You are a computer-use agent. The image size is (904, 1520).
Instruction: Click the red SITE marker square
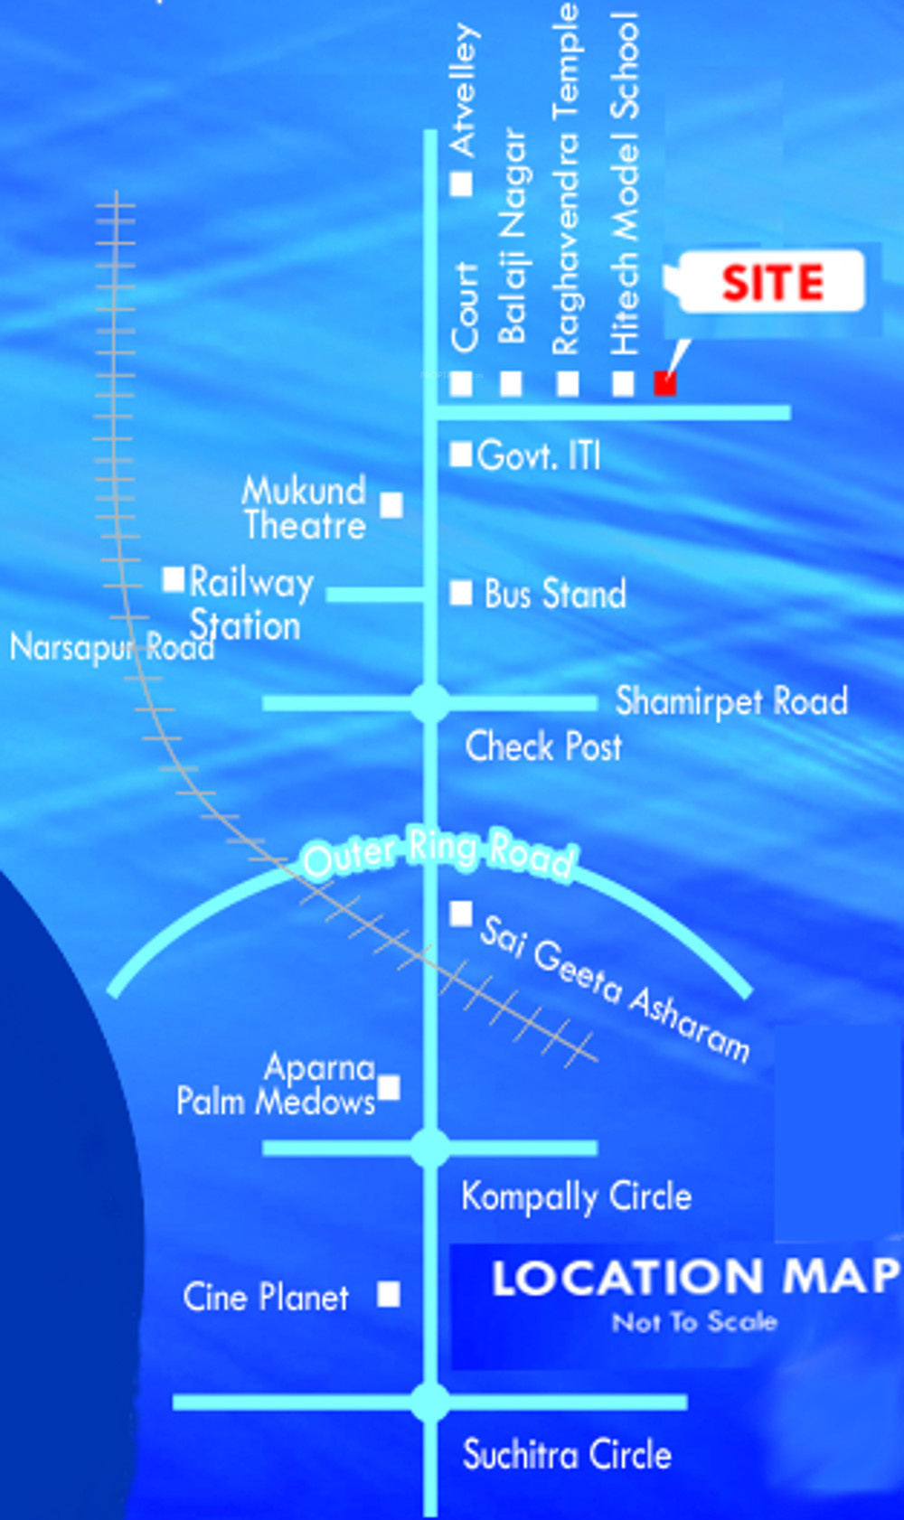(665, 383)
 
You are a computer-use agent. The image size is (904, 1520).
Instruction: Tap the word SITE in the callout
(773, 283)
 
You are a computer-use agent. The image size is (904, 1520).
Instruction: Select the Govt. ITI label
(539, 455)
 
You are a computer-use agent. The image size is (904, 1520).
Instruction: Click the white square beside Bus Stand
(461, 593)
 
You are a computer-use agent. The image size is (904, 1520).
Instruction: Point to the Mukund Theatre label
(305, 508)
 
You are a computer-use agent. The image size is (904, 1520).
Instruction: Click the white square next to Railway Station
(174, 578)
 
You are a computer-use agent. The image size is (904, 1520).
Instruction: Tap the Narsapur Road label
(111, 647)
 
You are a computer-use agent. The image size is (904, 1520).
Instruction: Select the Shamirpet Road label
(731, 701)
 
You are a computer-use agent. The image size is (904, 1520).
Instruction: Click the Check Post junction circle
(430, 703)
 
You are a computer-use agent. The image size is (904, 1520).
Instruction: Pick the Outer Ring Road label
(439, 852)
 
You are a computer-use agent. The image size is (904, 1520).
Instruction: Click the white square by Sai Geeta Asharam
(461, 914)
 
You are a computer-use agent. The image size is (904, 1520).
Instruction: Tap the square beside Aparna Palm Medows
(389, 1087)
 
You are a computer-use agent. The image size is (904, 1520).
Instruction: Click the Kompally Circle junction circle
(430, 1148)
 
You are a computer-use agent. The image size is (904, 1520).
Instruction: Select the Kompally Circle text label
(576, 1196)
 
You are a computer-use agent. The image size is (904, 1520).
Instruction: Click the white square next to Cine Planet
(389, 1294)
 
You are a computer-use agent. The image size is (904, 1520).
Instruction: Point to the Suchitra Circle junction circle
(430, 1403)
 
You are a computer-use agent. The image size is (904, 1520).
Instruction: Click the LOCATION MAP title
(694, 1278)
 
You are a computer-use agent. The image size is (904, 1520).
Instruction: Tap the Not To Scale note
(694, 1322)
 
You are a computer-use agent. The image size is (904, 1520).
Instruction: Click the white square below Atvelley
(461, 184)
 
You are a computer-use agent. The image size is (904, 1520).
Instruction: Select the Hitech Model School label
(625, 183)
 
